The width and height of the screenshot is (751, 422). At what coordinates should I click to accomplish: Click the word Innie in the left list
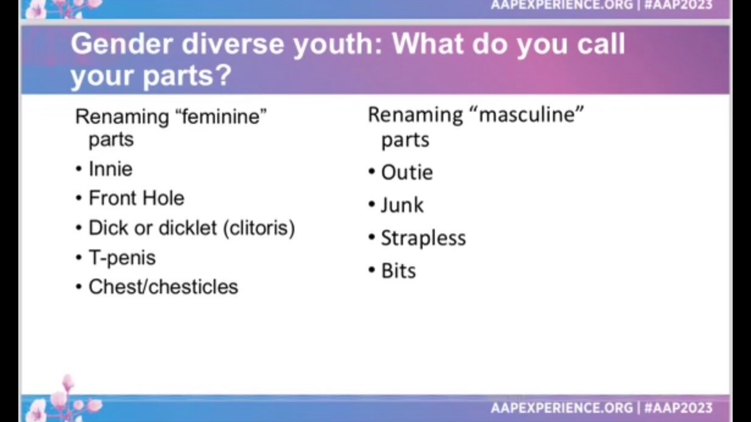click(x=111, y=169)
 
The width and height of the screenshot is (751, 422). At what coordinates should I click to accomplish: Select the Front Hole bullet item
click(x=136, y=198)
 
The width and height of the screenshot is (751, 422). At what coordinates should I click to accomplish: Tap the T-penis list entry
click(x=122, y=258)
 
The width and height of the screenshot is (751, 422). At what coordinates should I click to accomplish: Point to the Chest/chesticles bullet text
click(x=163, y=287)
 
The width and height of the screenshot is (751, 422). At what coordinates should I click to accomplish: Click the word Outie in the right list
click(x=407, y=173)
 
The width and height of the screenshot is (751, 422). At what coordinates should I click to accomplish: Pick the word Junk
click(x=402, y=205)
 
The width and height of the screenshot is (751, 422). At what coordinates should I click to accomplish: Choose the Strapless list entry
click(x=424, y=238)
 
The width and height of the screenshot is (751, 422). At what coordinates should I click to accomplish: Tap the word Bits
click(x=398, y=271)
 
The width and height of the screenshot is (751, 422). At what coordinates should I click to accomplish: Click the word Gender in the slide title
click(x=122, y=44)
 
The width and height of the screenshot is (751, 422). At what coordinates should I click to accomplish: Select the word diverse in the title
click(x=233, y=44)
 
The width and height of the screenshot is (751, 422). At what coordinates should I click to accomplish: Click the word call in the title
click(x=601, y=44)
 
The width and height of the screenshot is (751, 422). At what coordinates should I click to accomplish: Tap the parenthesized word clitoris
click(x=259, y=229)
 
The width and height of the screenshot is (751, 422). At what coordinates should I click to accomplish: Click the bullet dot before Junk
click(x=371, y=204)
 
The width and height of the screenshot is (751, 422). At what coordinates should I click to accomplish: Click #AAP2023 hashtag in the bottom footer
click(x=678, y=408)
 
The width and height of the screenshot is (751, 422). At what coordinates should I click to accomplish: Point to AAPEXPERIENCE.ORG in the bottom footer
click(x=562, y=408)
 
